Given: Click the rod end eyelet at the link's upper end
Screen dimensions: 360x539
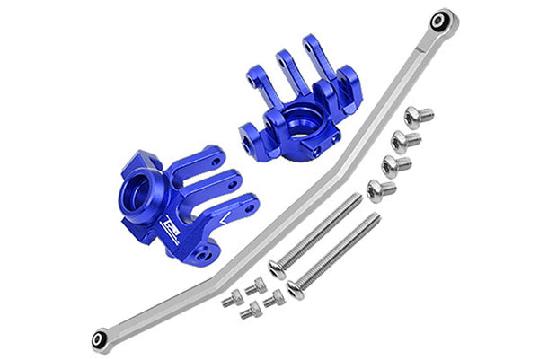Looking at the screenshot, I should [x=440, y=20].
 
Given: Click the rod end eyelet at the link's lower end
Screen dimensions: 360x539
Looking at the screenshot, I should [x=101, y=339].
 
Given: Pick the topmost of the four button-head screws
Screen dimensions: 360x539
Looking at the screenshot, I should [x=417, y=116].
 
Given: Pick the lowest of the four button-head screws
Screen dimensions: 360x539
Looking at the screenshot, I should [x=380, y=189].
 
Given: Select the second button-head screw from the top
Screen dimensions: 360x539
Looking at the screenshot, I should [x=404, y=141].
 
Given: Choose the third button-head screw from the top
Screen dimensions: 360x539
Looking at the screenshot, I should [x=394, y=165].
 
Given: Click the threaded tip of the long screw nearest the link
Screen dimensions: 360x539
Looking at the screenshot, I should [x=357, y=198].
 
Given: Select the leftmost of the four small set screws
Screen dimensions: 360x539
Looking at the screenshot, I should [x=232, y=299].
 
